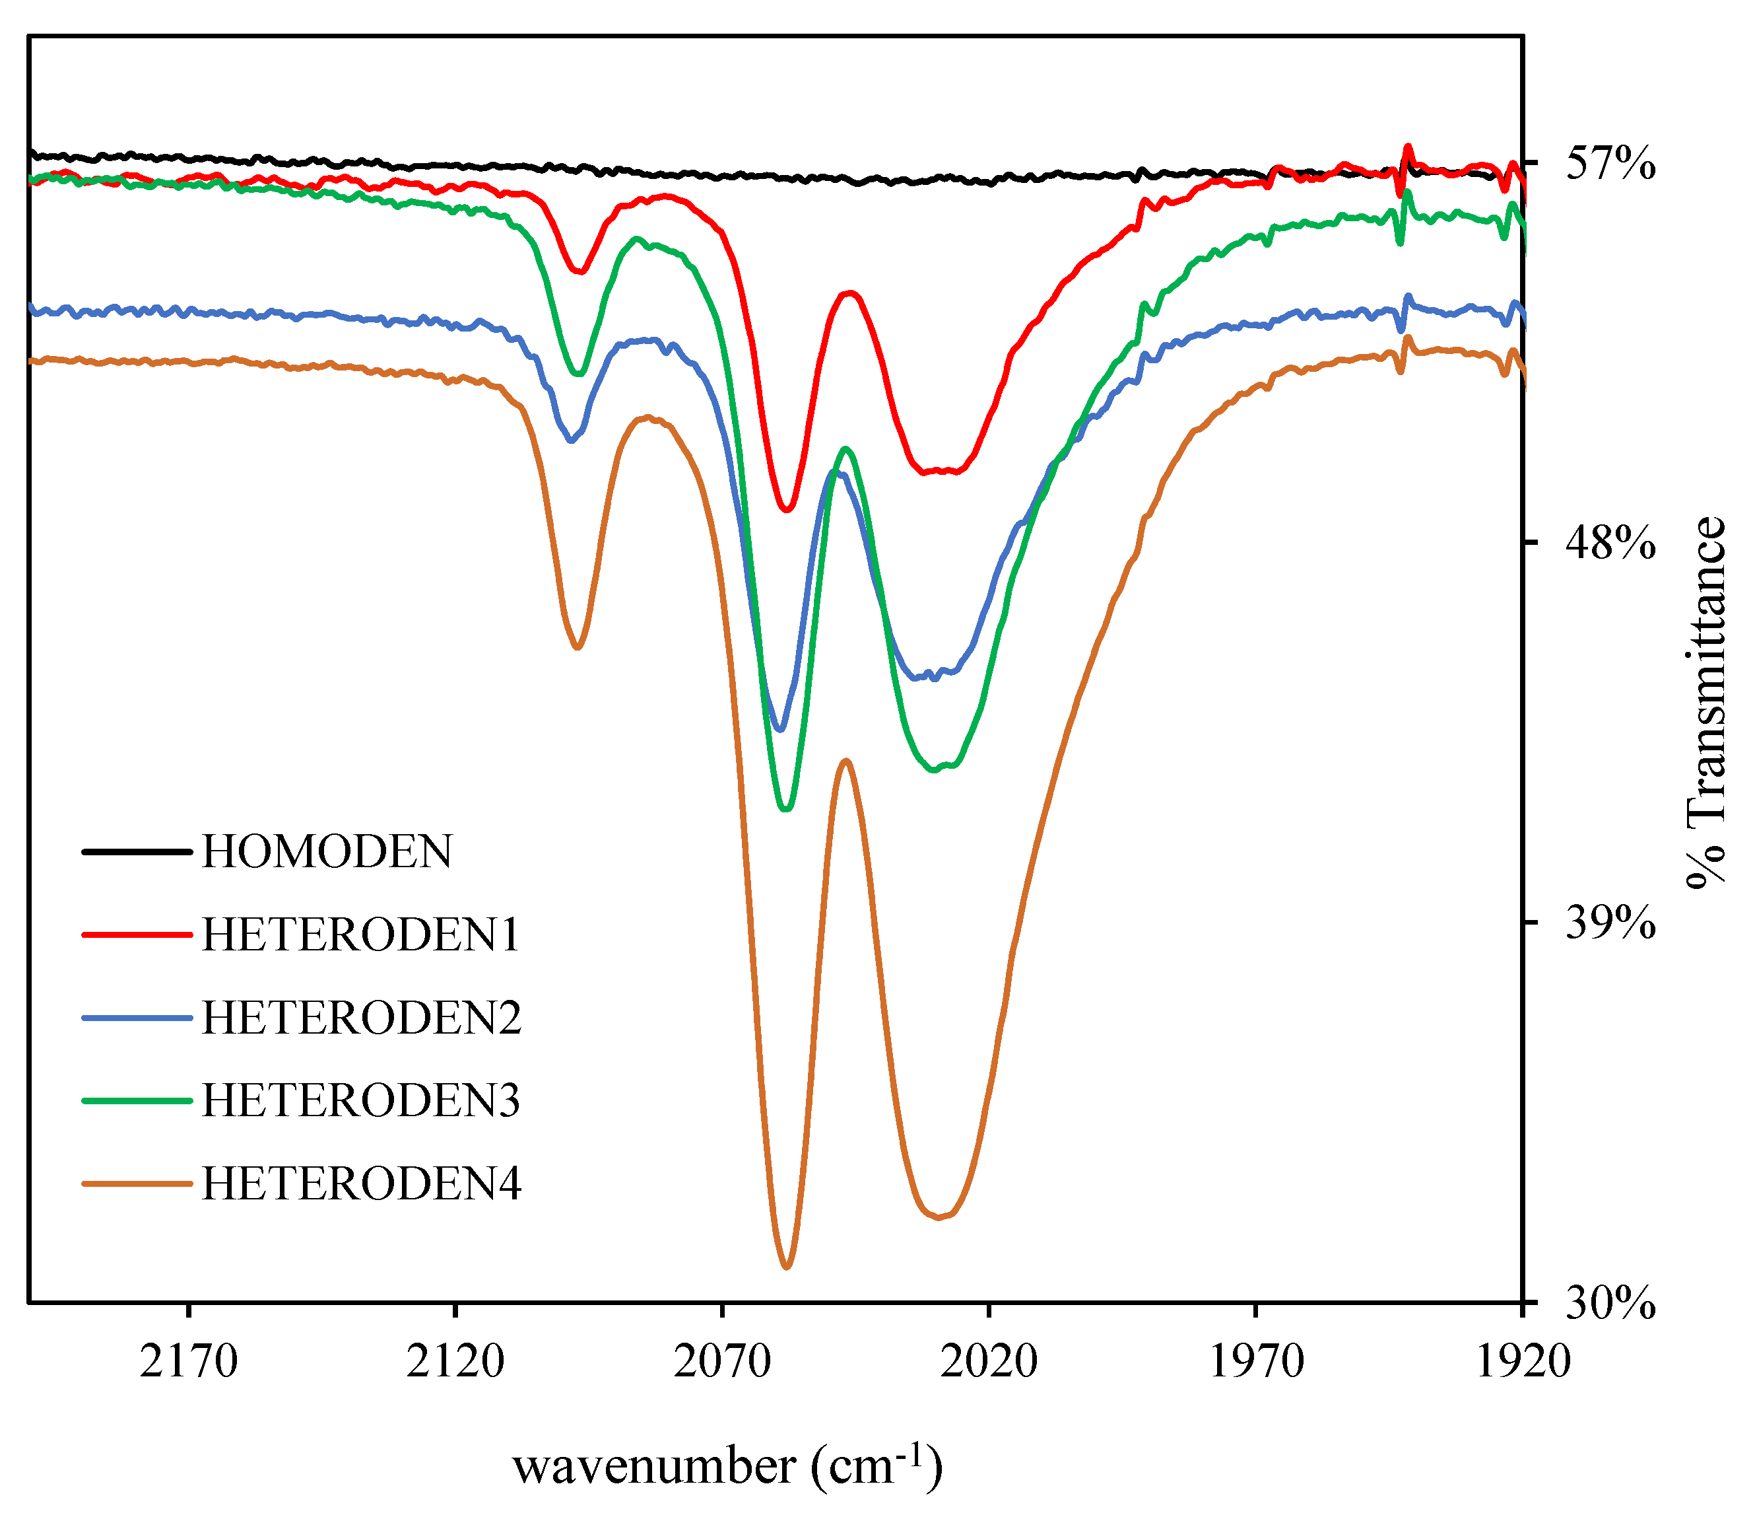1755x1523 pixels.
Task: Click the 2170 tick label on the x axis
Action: (189, 1363)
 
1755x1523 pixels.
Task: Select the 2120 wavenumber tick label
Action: (455, 1363)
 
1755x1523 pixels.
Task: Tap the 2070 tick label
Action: (722, 1363)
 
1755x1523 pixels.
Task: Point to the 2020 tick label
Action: (989, 1363)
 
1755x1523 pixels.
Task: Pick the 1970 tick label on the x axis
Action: (1255, 1363)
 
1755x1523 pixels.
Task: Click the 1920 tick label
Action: (1522, 1363)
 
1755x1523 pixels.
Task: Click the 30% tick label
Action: (1610, 1303)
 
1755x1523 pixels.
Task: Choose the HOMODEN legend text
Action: (327, 851)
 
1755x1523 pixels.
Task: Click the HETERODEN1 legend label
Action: (361, 935)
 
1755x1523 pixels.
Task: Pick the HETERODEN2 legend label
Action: (361, 1017)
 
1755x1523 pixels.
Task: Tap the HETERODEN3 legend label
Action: (361, 1100)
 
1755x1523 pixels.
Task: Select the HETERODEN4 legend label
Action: (361, 1183)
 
